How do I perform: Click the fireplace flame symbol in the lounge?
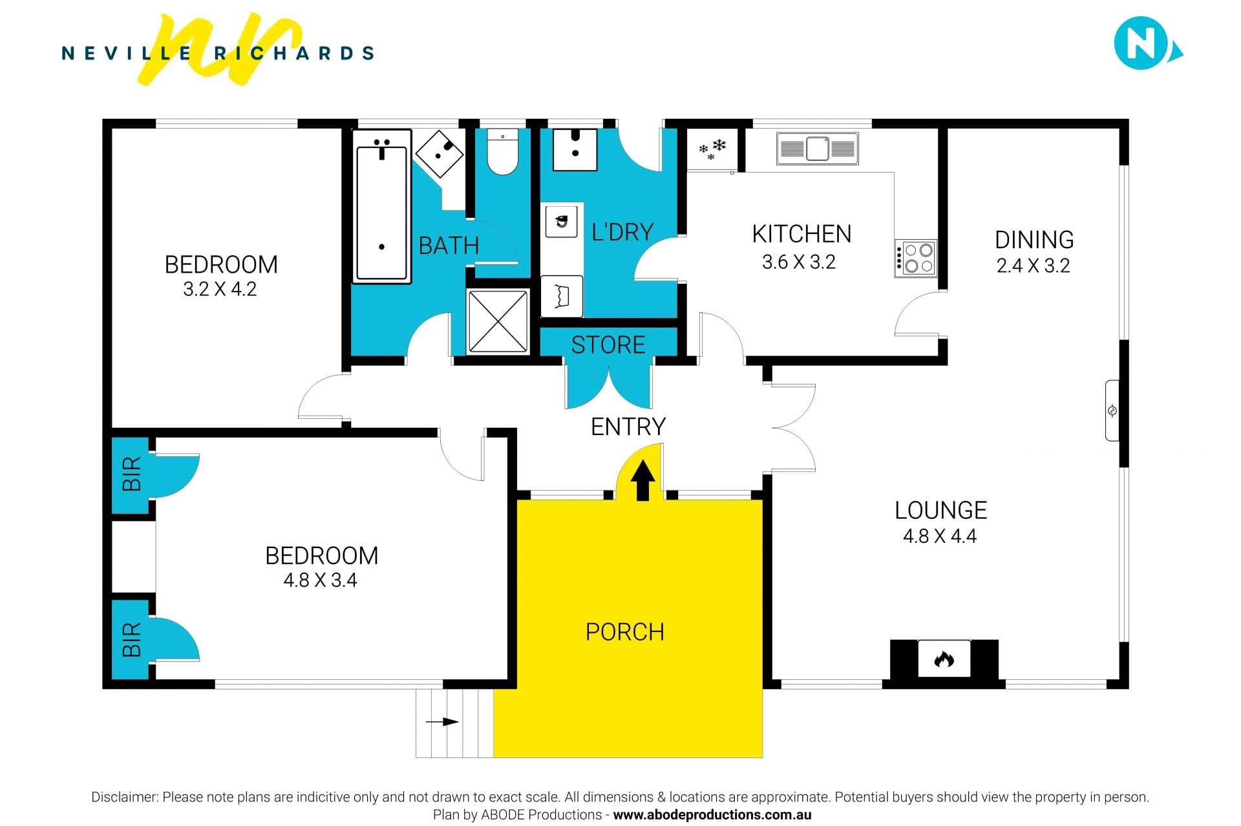pos(944,659)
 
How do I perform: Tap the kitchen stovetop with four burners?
pos(915,258)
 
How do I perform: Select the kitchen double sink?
pos(818,149)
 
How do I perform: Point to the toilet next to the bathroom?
pos(502,152)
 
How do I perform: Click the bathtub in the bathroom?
pos(381,206)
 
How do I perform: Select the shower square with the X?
pos(498,321)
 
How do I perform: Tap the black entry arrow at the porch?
pos(642,480)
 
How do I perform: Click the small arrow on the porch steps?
pos(442,722)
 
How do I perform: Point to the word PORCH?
pos(624,632)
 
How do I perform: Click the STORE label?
pos(608,345)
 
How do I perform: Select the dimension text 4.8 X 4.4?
pos(940,536)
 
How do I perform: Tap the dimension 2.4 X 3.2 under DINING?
pos(1033,266)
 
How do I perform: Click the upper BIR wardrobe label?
pos(132,474)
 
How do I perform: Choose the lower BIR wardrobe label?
pos(132,639)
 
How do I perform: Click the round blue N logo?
pos(1141,43)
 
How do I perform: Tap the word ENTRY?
pos(628,427)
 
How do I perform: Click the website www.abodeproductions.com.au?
pos(712,815)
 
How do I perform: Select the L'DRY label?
pos(622,232)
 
